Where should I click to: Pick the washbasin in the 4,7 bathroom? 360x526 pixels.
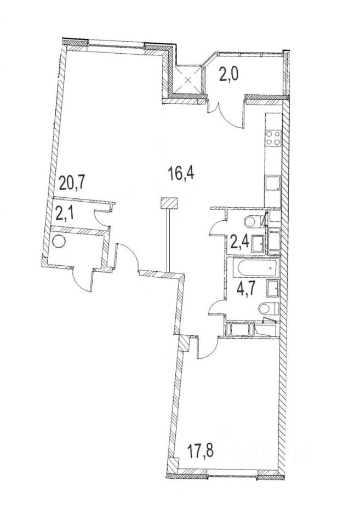point(272,287)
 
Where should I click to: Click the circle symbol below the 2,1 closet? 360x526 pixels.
point(58,240)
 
